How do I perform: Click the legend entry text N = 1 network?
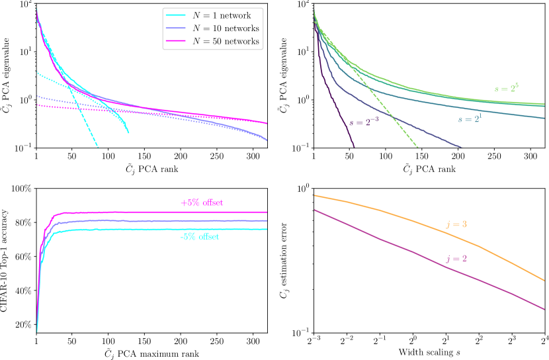click(222, 16)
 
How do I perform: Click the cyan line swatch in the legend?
click(176, 16)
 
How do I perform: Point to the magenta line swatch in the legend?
click(176, 42)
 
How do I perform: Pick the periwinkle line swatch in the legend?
click(176, 29)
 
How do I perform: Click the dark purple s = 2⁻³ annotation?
click(364, 122)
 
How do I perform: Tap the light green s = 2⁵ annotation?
click(507, 88)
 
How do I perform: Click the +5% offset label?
click(202, 203)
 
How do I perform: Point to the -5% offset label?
click(199, 237)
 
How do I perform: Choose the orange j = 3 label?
click(456, 224)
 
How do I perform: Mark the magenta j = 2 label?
click(456, 259)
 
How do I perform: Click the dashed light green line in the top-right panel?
click(390, 112)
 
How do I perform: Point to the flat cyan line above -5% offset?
click(165, 230)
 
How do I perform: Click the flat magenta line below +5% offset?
click(165, 212)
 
